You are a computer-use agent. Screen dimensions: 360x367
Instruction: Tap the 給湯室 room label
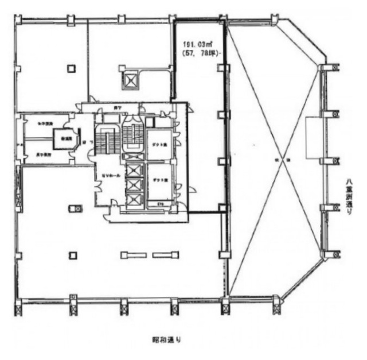pyautogui.click(x=63, y=138)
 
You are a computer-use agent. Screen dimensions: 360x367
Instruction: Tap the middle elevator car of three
pyautogui.click(x=133, y=185)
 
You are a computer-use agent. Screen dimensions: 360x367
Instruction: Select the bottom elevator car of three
pyautogui.click(x=133, y=200)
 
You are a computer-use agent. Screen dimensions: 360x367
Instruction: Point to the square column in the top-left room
pyautogui.click(x=71, y=68)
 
